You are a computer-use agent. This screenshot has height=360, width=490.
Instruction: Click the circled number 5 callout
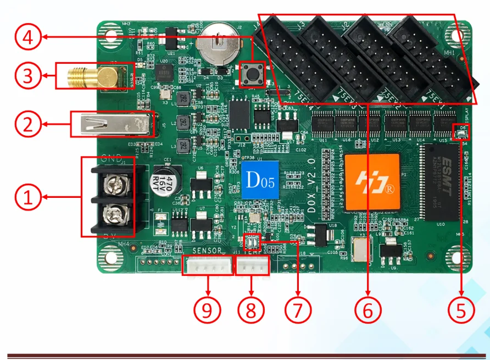click(x=460, y=310)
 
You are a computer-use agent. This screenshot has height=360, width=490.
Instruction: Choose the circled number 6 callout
click(x=367, y=310)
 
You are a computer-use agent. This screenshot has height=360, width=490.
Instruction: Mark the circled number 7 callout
click(x=297, y=310)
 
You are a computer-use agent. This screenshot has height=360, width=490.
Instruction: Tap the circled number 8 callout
click(x=251, y=310)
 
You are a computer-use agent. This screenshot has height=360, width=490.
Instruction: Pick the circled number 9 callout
click(x=207, y=310)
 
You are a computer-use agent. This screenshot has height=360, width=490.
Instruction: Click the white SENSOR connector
click(x=207, y=265)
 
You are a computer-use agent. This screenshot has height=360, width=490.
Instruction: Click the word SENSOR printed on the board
click(x=207, y=251)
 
